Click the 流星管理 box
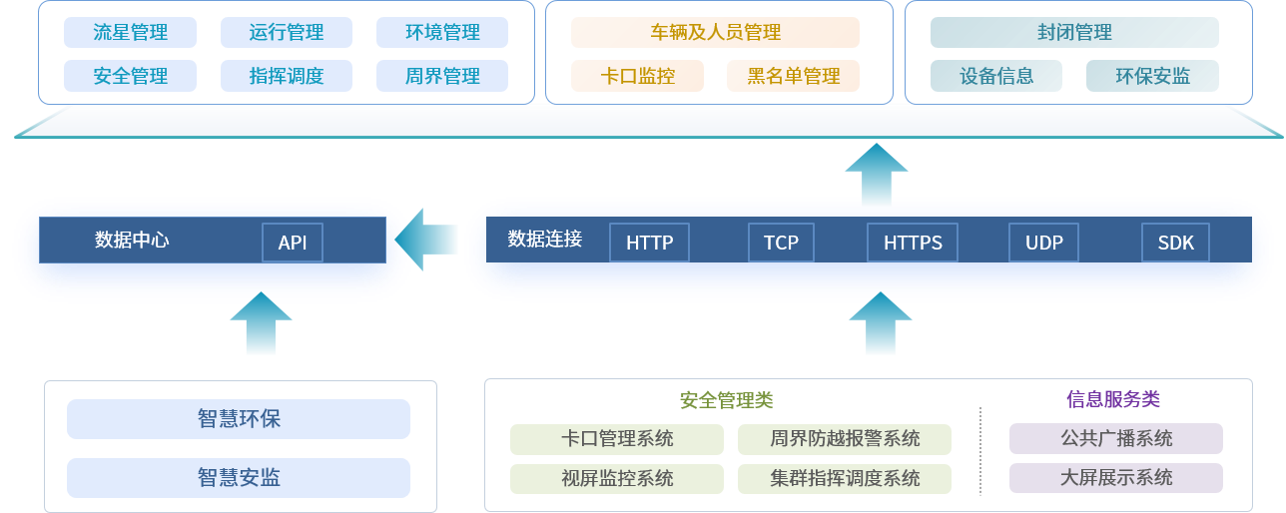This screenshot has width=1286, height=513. click(130, 33)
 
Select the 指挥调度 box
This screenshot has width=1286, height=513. click(287, 76)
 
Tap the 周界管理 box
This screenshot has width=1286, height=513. click(442, 76)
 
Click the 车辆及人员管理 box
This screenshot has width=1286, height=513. click(715, 33)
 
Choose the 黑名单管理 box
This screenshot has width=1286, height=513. click(793, 76)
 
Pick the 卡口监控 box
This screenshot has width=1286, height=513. click(637, 76)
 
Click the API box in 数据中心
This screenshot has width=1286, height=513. click(293, 243)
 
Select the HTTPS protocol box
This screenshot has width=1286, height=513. click(913, 243)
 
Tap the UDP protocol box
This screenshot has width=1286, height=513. click(1044, 243)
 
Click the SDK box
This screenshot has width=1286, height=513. click(1175, 243)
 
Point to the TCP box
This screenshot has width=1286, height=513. click(781, 243)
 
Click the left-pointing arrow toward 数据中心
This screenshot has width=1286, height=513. click(426, 240)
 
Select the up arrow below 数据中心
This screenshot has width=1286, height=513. click(261, 323)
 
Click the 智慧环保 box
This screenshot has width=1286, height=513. click(239, 419)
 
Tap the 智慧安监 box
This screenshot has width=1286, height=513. click(239, 478)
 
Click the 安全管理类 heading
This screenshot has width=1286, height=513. click(726, 400)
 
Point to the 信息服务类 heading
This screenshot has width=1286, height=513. click(1112, 400)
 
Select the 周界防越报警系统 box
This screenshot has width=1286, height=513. click(845, 439)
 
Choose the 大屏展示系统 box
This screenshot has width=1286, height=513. click(1116, 478)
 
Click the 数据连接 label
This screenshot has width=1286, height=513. click(544, 240)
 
